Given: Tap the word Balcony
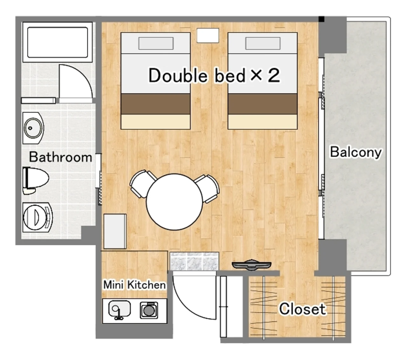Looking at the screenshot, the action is (355, 153).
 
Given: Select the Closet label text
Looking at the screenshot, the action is (302, 309).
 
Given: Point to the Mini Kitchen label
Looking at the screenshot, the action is (135, 285).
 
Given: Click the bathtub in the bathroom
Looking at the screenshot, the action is (58, 42).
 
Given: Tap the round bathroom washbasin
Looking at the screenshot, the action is (33, 128).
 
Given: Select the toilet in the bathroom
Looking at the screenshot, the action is (36, 180).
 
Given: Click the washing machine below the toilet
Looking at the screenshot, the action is (38, 217).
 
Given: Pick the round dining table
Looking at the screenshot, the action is (174, 202).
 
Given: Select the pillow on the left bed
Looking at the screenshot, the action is (156, 43).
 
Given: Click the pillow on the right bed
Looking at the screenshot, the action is (263, 43).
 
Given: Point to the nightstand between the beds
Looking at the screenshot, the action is (208, 36).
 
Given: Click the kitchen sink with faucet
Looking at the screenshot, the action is (119, 309).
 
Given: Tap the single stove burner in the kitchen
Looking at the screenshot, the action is (149, 310).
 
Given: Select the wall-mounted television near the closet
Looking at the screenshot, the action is (252, 265).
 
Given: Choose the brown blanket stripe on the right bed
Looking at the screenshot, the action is (263, 104).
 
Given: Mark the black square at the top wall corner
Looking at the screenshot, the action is (321, 19).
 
